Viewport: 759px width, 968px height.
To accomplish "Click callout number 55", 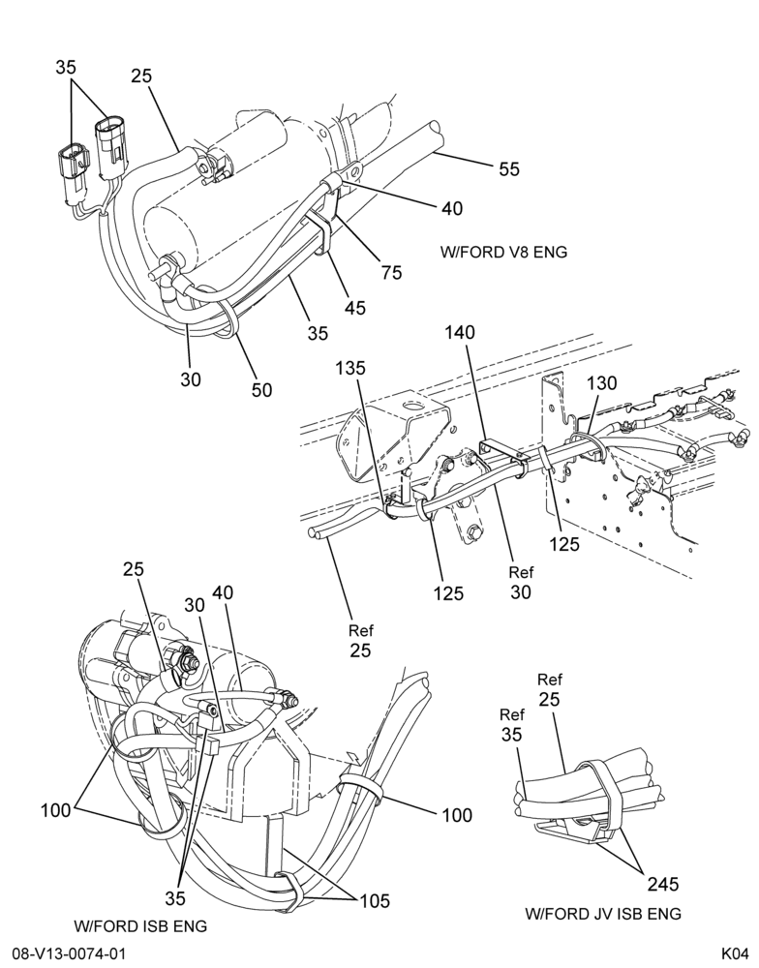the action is [x=509, y=169].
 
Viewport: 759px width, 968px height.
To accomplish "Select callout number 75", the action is [x=391, y=272].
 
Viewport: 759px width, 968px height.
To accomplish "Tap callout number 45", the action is [x=355, y=308].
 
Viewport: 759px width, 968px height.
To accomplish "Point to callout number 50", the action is [x=261, y=389].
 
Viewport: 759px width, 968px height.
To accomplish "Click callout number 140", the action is [x=460, y=333].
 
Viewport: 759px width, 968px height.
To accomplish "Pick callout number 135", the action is [x=350, y=368].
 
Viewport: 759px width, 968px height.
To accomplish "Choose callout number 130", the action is [x=601, y=383].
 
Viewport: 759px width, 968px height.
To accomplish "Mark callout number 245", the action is [x=662, y=884].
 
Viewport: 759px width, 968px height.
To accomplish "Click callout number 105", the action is [x=375, y=900].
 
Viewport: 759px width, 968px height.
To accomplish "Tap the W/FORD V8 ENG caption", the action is [x=504, y=252].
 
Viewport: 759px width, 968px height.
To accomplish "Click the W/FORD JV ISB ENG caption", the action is [x=603, y=914].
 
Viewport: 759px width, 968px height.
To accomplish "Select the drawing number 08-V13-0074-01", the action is [x=69, y=953].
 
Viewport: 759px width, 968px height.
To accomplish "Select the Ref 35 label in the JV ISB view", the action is [x=511, y=725].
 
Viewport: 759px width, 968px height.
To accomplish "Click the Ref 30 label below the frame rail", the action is [x=521, y=583].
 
